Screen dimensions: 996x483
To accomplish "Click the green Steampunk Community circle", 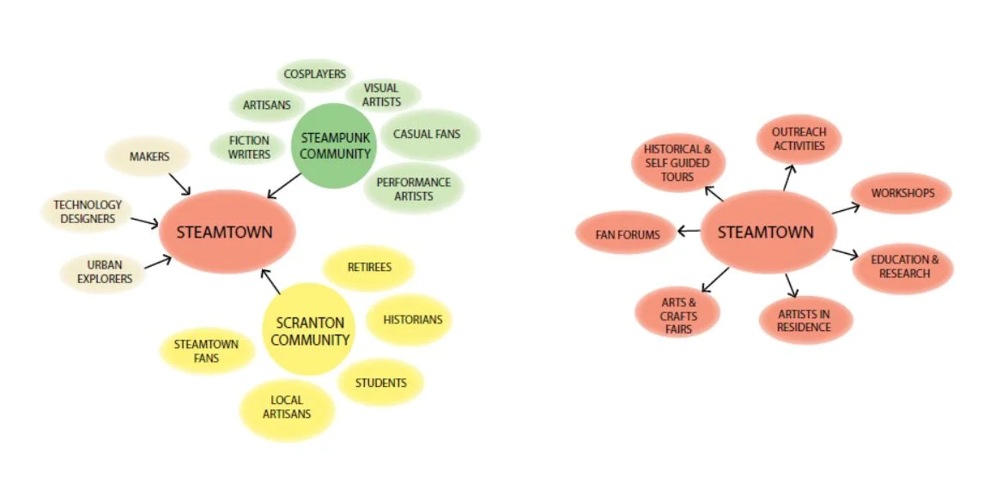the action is pyautogui.click(x=335, y=146).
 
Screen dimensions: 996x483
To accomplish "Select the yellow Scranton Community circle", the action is pyautogui.click(x=309, y=331).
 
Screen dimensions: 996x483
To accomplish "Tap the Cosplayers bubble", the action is pyautogui.click(x=314, y=75).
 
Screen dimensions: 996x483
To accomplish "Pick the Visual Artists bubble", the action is pyautogui.click(x=381, y=94).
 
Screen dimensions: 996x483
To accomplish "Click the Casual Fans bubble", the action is pyautogui.click(x=427, y=134).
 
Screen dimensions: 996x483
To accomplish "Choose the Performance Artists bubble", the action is pyautogui.click(x=413, y=189).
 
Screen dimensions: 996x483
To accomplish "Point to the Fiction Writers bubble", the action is pyautogui.click(x=249, y=147).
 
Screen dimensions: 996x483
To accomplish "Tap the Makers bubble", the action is pyautogui.click(x=149, y=157).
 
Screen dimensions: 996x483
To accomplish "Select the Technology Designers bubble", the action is pyautogui.click(x=88, y=211).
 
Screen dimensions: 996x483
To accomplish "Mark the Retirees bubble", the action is pyautogui.click(x=369, y=268).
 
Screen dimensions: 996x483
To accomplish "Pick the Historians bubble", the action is pyautogui.click(x=410, y=319).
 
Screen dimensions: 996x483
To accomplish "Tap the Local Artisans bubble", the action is pyautogui.click(x=286, y=408).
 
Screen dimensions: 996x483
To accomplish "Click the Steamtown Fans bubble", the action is pyautogui.click(x=206, y=351).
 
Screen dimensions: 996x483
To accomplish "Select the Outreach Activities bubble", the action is pyautogui.click(x=798, y=139).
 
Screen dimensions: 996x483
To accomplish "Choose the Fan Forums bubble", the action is pyautogui.click(x=627, y=234).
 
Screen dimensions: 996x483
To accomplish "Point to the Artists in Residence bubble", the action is pyautogui.click(x=805, y=321).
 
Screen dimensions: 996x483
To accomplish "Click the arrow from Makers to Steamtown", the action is pyautogui.click(x=179, y=183).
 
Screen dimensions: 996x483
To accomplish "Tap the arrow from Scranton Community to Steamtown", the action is pyautogui.click(x=270, y=282).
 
